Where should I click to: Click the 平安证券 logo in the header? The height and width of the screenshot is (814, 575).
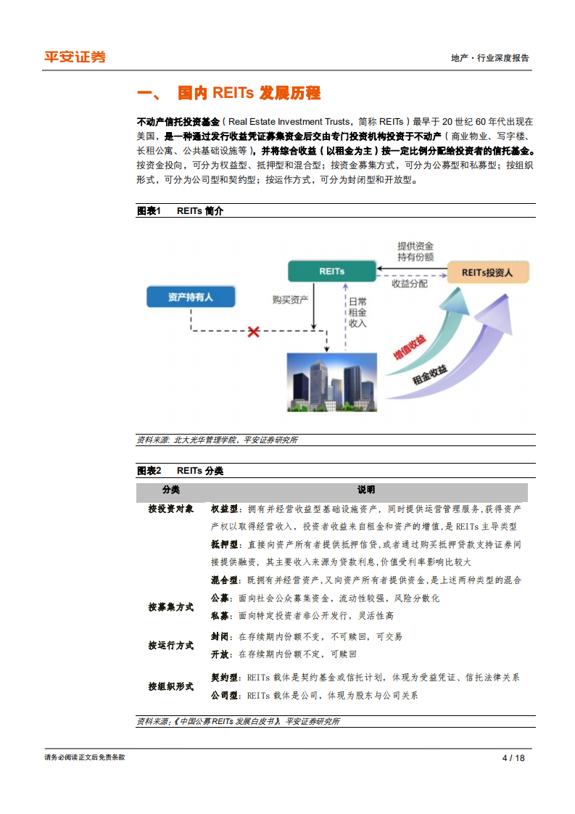click(75, 57)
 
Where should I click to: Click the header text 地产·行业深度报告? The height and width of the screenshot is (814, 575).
click(490, 58)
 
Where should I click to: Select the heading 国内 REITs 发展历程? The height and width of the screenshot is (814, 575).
click(249, 94)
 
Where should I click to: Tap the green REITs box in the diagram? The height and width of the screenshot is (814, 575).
click(331, 271)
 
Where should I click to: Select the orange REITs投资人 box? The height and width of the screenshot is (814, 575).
click(488, 273)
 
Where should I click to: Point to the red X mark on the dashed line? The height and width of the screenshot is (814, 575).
click(254, 332)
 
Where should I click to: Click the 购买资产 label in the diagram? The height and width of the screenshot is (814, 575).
click(291, 299)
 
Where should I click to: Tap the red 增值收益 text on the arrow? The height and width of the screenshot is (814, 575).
click(410, 347)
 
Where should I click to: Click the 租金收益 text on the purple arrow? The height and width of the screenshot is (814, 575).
click(429, 375)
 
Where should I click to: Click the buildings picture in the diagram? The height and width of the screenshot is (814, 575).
click(333, 381)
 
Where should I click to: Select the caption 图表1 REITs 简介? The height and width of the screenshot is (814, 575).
click(181, 211)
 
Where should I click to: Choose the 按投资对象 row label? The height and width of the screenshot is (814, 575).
click(171, 509)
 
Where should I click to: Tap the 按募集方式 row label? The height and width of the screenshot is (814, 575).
click(171, 607)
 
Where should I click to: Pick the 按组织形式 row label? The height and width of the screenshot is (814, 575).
click(171, 686)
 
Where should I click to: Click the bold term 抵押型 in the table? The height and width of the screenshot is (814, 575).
click(224, 544)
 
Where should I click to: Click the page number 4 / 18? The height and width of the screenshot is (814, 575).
click(513, 757)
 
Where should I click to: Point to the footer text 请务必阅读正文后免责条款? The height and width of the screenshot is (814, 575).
click(85, 757)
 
